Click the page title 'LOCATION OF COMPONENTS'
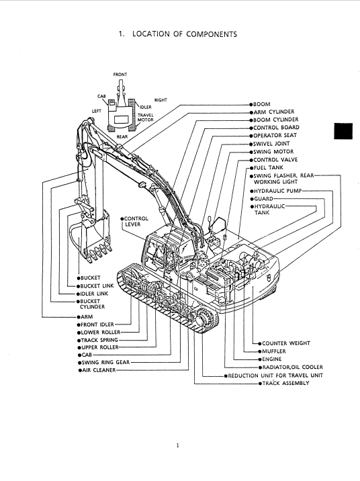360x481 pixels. [185, 34]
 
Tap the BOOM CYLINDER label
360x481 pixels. [275, 120]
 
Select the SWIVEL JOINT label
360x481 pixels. [271, 144]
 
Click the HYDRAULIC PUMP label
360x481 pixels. [278, 191]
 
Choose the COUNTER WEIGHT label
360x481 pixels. [286, 343]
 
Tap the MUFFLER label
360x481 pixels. [274, 351]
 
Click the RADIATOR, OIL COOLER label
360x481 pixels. [293, 367]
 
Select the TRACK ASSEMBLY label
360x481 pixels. [286, 383]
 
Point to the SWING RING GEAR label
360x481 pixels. [105, 362]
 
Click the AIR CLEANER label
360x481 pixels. [99, 370]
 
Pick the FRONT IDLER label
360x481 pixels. [97, 324]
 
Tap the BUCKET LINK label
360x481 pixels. [97, 286]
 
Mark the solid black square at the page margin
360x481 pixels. [343, 131]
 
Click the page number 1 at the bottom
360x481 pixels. [177, 445]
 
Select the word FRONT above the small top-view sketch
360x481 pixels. [120, 75]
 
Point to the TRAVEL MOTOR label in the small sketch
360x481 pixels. [145, 118]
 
